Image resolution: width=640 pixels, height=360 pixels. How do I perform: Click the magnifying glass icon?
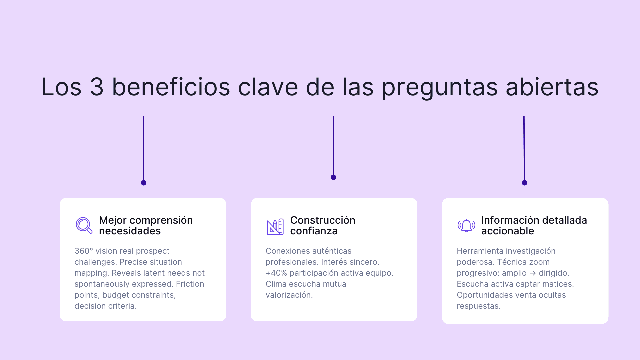pyautogui.click(x=84, y=225)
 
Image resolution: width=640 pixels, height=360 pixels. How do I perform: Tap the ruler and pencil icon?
pyautogui.click(x=275, y=227)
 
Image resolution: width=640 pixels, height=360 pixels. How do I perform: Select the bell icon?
pyautogui.click(x=466, y=226)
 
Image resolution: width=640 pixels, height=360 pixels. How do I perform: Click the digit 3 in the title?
pyautogui.click(x=97, y=87)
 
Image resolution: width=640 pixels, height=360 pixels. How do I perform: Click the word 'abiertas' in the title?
pyautogui.click(x=552, y=87)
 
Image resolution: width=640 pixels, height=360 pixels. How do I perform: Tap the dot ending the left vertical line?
pyautogui.click(x=144, y=183)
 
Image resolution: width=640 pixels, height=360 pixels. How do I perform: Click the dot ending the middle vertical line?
pyautogui.click(x=333, y=177)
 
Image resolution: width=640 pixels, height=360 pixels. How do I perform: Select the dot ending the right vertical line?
pyautogui.click(x=524, y=183)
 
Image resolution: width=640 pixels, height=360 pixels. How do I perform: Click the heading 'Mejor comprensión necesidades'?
pyautogui.click(x=146, y=225)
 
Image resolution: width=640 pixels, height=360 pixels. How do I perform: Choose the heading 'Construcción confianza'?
pyautogui.click(x=322, y=225)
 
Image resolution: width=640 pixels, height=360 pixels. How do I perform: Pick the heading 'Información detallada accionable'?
pyautogui.click(x=534, y=225)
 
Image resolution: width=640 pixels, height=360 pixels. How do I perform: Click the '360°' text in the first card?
pyautogui.click(x=84, y=251)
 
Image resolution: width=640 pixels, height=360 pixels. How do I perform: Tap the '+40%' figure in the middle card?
pyautogui.click(x=276, y=273)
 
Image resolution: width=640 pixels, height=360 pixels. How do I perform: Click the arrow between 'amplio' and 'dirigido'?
pyautogui.click(x=533, y=273)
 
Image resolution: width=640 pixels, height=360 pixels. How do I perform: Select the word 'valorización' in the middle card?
pyautogui.click(x=289, y=295)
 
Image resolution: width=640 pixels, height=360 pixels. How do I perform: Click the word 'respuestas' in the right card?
pyautogui.click(x=478, y=306)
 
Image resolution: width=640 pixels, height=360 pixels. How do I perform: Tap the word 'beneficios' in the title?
pyautogui.click(x=171, y=87)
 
